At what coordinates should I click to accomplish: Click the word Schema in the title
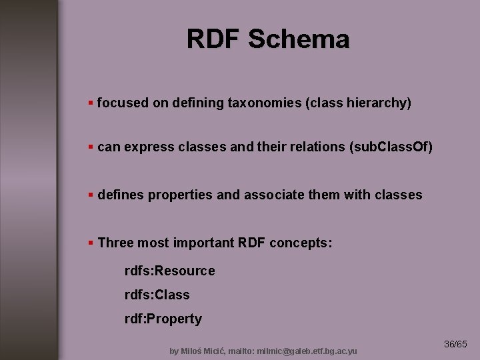[298, 39]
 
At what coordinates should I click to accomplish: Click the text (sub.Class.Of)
[391, 147]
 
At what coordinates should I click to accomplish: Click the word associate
[278, 195]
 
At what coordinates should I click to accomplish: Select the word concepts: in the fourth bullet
[301, 243]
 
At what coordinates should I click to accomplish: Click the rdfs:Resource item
[169, 271]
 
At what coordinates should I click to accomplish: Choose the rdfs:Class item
[157, 295]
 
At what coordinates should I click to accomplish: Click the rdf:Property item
[163, 319]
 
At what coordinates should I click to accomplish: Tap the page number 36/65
[456, 345]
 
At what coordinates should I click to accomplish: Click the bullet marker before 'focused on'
[91, 103]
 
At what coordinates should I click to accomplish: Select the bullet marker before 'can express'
[91, 147]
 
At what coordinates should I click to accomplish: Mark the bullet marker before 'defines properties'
[91, 195]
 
